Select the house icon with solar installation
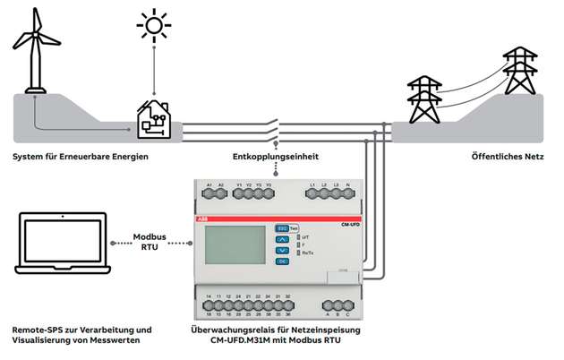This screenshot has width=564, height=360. click(154, 116)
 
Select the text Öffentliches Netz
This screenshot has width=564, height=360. click(508, 157)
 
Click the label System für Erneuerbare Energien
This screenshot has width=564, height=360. click(80, 157)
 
